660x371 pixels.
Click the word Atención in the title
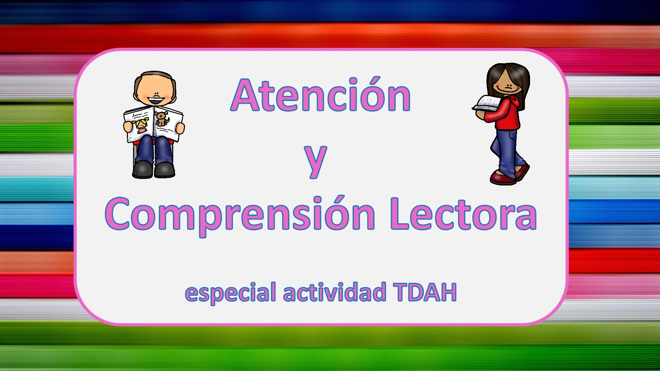321,94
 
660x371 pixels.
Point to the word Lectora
464,214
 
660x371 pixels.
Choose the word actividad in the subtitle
334,292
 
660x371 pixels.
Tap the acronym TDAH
425,292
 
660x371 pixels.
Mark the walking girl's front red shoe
502,178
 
